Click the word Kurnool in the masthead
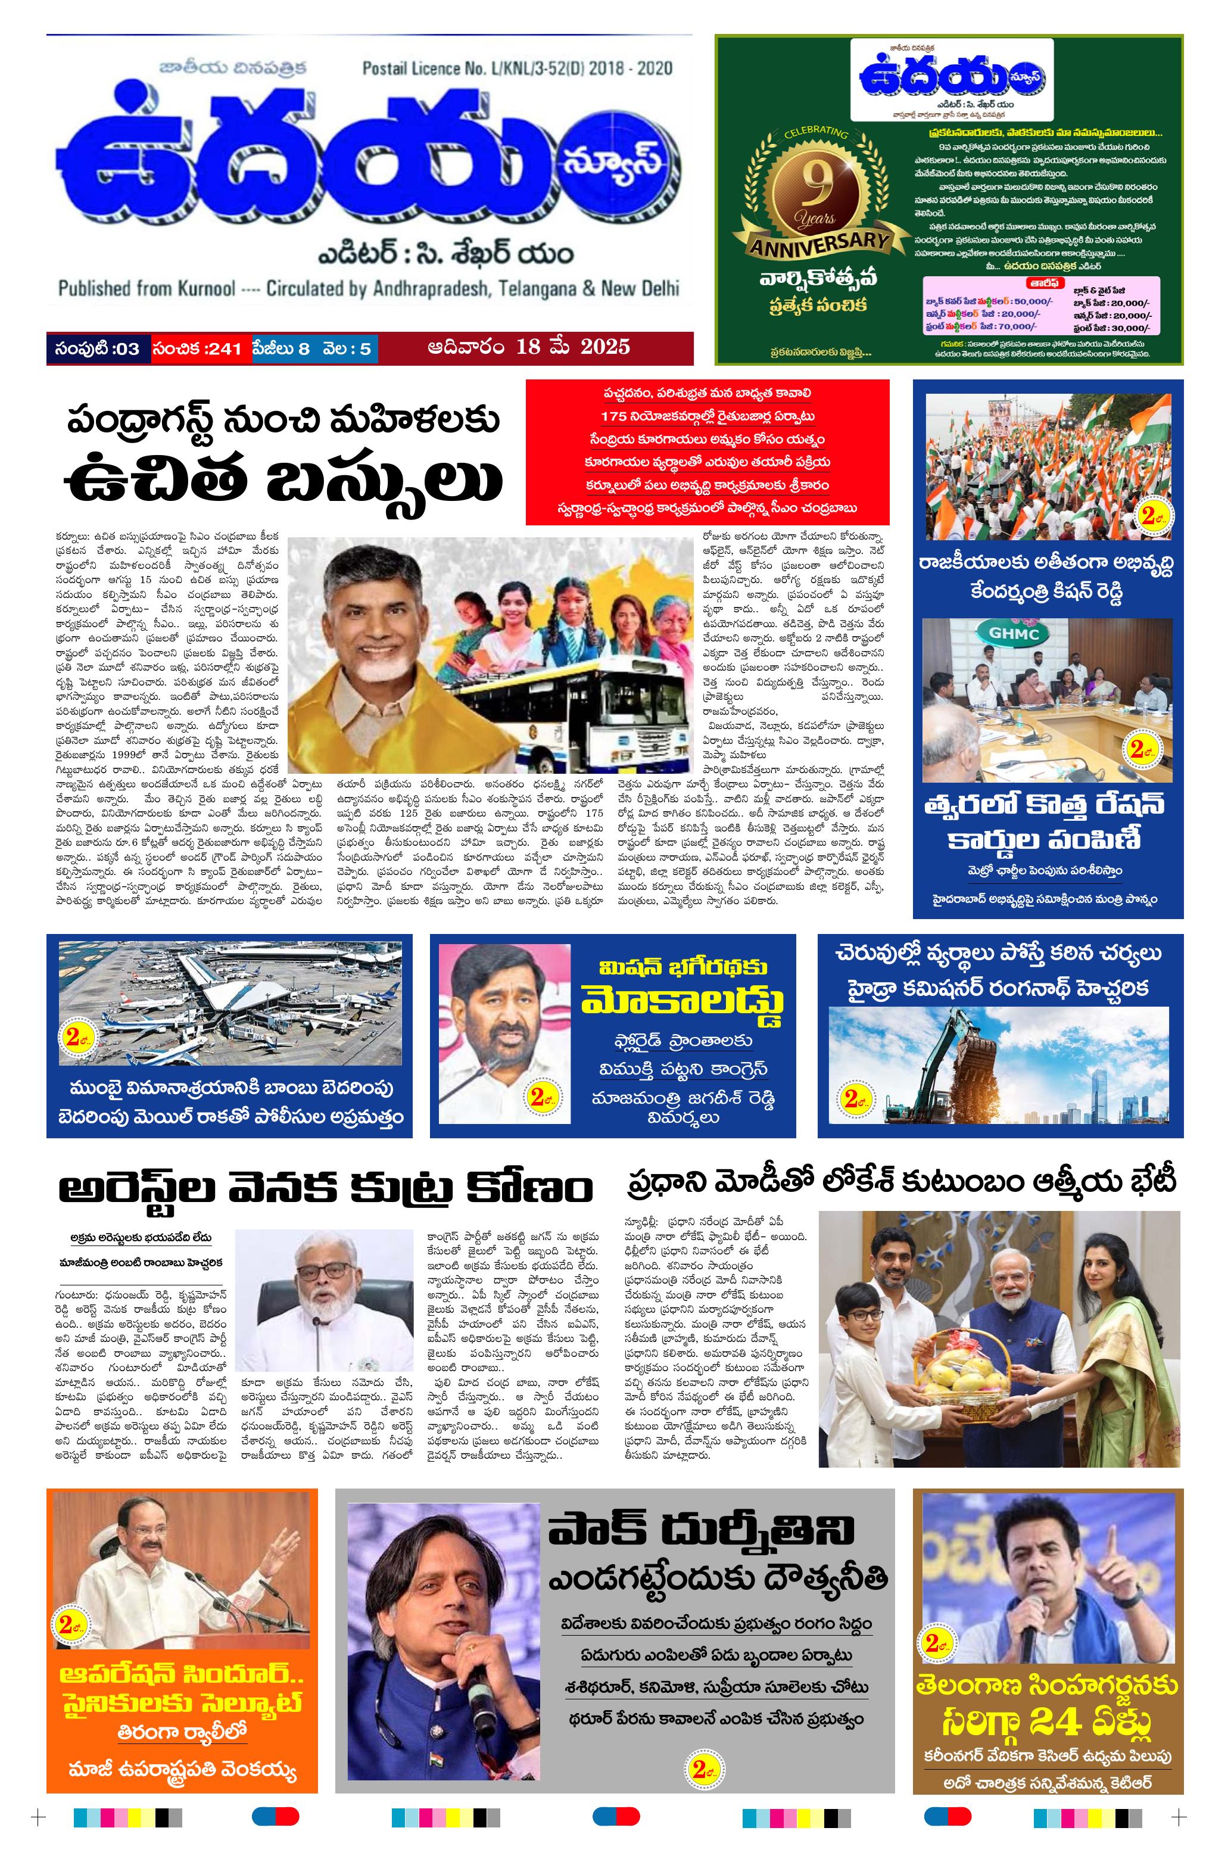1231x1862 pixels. (x=204, y=288)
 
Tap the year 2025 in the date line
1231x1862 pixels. (x=605, y=346)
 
